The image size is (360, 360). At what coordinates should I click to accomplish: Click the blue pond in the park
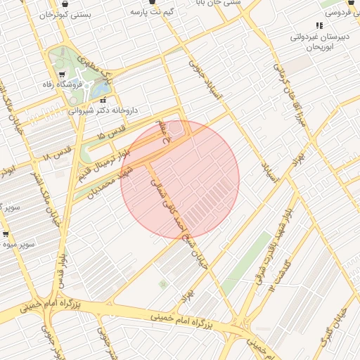[x=101, y=90]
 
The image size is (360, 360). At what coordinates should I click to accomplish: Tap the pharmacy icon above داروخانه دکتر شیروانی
[x=104, y=101]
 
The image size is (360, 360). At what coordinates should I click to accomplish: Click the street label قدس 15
[x=111, y=129]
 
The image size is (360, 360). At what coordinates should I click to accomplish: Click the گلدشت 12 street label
[x=276, y=276]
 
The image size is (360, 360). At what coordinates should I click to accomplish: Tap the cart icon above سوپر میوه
[x=6, y=234]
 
